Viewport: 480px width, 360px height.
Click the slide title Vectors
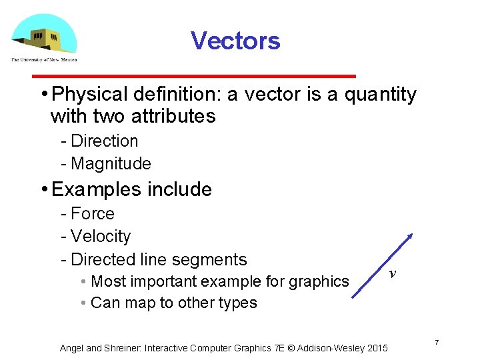click(x=235, y=41)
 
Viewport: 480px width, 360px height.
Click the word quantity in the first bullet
click(x=380, y=95)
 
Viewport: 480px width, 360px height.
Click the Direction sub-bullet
click(x=104, y=141)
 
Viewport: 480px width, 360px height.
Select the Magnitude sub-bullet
click(x=111, y=163)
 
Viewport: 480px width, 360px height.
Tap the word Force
click(x=93, y=214)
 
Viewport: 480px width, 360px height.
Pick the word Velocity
click(x=101, y=237)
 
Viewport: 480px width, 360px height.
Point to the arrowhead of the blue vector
click(x=411, y=236)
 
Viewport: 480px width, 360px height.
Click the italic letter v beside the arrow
click(x=393, y=273)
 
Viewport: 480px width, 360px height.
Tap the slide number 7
click(x=437, y=343)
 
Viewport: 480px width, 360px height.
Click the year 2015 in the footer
click(x=376, y=348)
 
